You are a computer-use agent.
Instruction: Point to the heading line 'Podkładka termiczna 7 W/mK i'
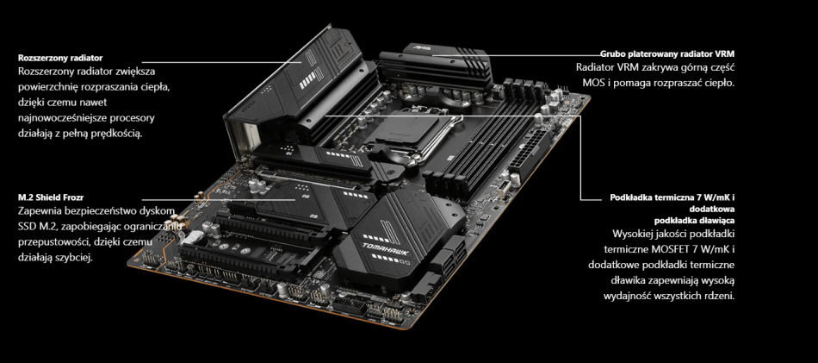pos(679,197)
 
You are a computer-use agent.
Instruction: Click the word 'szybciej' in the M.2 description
pos(66,257)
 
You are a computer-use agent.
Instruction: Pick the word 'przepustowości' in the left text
pos(58,242)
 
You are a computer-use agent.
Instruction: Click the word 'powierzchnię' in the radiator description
pos(52,86)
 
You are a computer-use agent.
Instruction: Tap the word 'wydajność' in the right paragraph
pos(611,297)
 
